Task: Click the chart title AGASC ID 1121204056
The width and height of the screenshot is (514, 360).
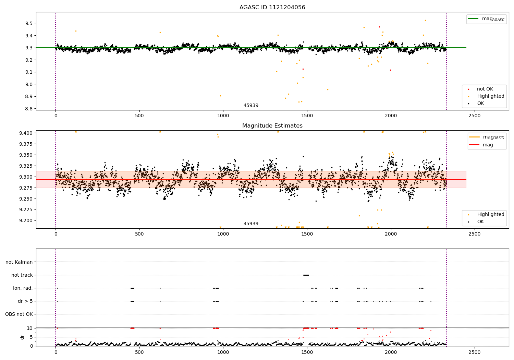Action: click(x=272, y=8)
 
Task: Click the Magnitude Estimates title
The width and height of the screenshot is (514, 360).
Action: click(x=272, y=126)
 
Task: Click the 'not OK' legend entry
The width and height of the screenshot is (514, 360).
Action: click(x=485, y=89)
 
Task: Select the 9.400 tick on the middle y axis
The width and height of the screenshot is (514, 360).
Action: click(x=26, y=133)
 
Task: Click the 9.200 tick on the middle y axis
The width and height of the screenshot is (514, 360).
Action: click(x=26, y=220)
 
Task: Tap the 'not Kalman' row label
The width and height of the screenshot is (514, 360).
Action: click(x=19, y=262)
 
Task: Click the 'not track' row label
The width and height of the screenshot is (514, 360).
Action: click(x=22, y=275)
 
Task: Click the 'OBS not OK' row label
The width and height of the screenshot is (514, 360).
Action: click(x=19, y=314)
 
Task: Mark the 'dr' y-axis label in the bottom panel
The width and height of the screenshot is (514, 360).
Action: click(x=22, y=337)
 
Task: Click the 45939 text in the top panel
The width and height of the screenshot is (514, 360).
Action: click(x=251, y=106)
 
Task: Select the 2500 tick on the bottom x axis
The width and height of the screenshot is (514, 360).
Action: click(x=475, y=352)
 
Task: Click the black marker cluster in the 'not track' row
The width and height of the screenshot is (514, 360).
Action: click(x=306, y=275)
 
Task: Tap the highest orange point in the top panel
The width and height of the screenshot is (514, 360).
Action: click(x=425, y=20)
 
